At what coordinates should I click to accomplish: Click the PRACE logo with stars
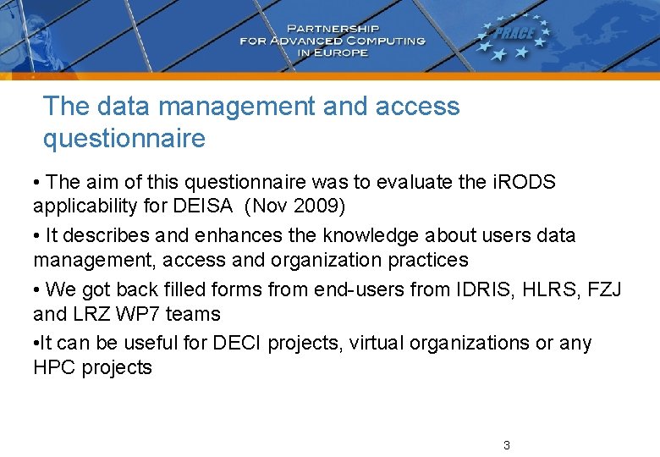coord(514,38)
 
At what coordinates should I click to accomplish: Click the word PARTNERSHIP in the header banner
coord(332,27)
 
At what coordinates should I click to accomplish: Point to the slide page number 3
coord(506,445)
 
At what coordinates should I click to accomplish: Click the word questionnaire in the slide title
coord(124,138)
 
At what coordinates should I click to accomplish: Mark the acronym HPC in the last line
coord(54,367)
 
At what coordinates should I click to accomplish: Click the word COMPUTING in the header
coord(378,40)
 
